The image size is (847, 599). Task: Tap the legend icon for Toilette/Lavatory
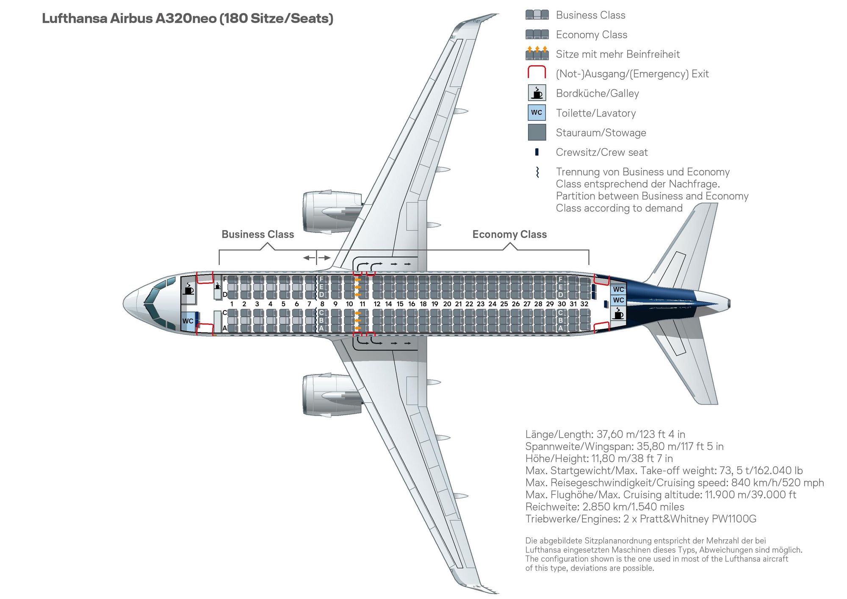click(x=537, y=113)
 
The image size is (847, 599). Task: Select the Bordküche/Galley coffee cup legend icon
click(x=537, y=93)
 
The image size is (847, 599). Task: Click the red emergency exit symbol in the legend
click(x=537, y=72)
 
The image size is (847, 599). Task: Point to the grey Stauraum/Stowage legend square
click(x=537, y=132)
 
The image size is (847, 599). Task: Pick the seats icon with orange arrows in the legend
click(x=537, y=53)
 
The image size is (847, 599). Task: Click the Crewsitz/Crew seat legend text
click(x=602, y=152)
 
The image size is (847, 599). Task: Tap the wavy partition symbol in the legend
click(x=537, y=172)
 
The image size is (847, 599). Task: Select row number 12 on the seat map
click(x=377, y=304)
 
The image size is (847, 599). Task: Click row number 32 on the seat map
click(x=584, y=304)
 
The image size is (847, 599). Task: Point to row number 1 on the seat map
click(x=232, y=304)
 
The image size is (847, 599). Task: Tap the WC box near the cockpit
click(x=188, y=321)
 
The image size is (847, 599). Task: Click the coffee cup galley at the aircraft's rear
click(x=619, y=314)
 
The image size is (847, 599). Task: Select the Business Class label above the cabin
click(x=257, y=234)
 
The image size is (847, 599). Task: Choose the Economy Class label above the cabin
click(x=509, y=234)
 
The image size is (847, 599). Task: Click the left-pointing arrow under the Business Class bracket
click(x=309, y=258)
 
